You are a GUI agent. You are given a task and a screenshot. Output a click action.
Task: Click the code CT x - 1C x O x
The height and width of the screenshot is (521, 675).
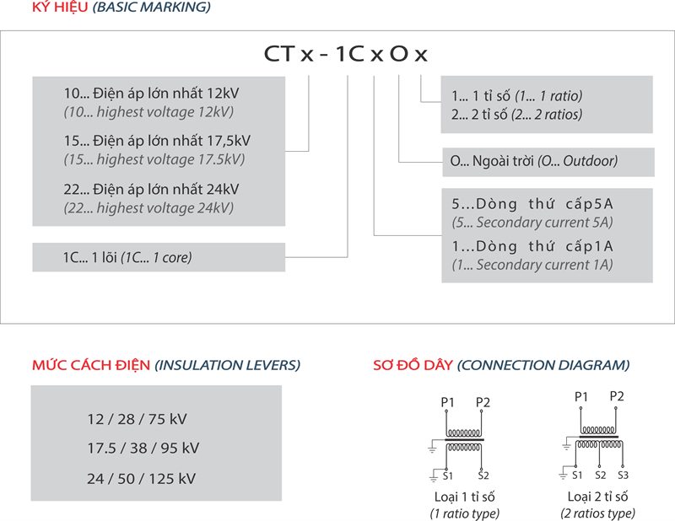pyautogui.click(x=345, y=55)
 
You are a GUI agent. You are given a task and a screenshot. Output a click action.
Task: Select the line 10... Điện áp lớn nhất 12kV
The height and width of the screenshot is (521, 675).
pyautogui.click(x=144, y=94)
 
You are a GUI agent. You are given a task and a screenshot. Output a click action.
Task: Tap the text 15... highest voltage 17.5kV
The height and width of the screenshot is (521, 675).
pyautogui.click(x=148, y=159)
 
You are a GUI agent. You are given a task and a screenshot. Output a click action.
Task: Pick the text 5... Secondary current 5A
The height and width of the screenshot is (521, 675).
pyautogui.click(x=532, y=223)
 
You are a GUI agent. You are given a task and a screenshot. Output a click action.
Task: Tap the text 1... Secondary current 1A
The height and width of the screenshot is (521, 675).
pyautogui.click(x=532, y=265)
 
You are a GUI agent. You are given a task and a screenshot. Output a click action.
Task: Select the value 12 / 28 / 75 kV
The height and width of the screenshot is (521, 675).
pyautogui.click(x=136, y=418)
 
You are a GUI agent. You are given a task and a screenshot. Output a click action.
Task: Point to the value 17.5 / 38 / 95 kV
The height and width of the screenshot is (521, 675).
pyautogui.click(x=143, y=448)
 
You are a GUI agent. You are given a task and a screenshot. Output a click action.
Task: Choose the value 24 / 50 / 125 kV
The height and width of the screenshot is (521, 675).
pyautogui.click(x=141, y=479)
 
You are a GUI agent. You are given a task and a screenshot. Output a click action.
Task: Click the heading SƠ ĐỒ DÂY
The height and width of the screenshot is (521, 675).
pyautogui.click(x=413, y=365)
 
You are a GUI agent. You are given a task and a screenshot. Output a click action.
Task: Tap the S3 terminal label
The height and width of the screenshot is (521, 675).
pyautogui.click(x=623, y=475)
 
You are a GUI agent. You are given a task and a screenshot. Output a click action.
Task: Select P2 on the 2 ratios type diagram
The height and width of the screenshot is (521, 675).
pyautogui.click(x=617, y=395)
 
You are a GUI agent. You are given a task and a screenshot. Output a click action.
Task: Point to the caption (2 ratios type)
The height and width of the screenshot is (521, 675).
pyautogui.click(x=598, y=513)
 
